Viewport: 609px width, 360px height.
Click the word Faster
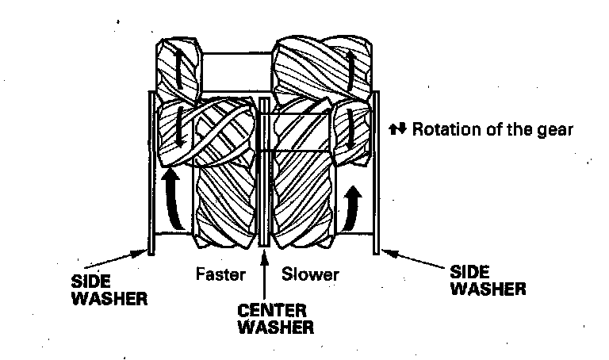coord(217,275)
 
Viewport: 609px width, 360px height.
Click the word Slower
coord(311,275)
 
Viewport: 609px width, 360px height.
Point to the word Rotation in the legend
coord(442,128)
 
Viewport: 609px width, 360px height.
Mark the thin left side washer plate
coord(151,174)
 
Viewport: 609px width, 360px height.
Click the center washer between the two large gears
coord(263,174)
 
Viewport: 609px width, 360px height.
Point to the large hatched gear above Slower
coord(301,190)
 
